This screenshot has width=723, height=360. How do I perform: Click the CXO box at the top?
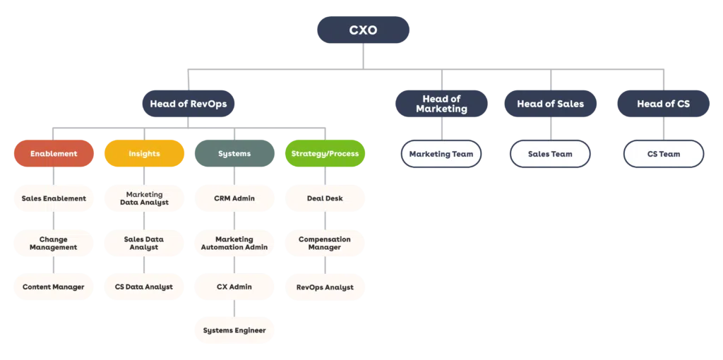(x=364, y=30)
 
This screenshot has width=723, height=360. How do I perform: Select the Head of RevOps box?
(x=189, y=104)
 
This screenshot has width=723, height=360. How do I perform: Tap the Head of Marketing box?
(x=441, y=104)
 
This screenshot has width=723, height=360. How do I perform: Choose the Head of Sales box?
(x=550, y=104)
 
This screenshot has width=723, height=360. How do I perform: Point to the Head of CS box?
(x=663, y=104)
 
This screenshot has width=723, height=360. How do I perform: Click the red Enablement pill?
(x=54, y=154)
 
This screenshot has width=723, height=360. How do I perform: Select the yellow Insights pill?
(x=144, y=154)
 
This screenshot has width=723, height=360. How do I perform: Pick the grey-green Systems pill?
(x=234, y=154)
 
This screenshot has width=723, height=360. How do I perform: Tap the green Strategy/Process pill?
(x=325, y=154)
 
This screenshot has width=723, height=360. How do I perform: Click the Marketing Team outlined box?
(x=441, y=154)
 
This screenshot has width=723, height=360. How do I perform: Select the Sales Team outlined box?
(x=550, y=154)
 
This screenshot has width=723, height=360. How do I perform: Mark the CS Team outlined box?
(x=663, y=154)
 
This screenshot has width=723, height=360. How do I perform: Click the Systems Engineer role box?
(x=234, y=330)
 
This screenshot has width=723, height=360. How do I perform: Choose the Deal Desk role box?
(x=325, y=198)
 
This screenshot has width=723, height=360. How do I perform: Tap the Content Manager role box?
(x=54, y=287)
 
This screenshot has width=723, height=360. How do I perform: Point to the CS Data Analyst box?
(x=144, y=287)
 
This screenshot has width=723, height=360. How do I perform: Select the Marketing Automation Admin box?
(x=234, y=243)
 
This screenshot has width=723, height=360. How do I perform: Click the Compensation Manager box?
(x=325, y=243)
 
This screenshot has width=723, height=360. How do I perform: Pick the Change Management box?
(x=54, y=243)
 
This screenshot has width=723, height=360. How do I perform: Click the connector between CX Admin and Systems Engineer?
(x=234, y=309)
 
